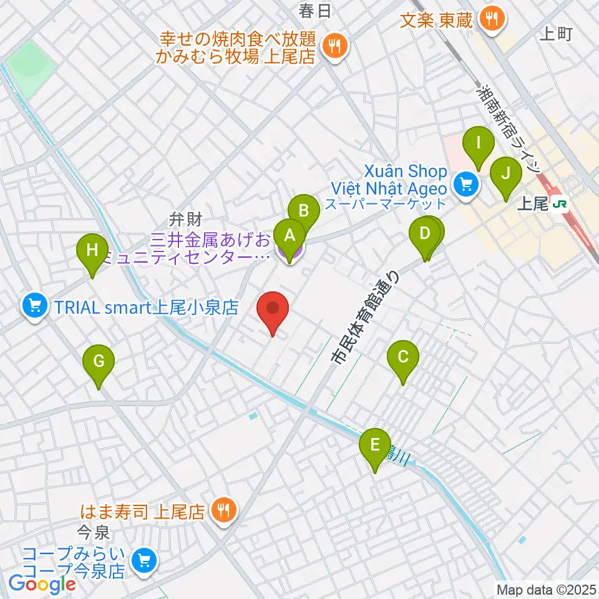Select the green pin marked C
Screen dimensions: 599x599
tap(402, 358)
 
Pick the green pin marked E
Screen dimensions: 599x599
tap(375, 445)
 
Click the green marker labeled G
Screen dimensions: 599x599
tap(99, 361)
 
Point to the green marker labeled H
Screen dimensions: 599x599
tap(92, 251)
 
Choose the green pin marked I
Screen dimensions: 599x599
tap(479, 143)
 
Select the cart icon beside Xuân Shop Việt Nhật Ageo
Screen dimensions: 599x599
tap(464, 183)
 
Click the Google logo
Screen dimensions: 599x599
tap(42, 585)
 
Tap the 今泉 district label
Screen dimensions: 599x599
tap(93, 533)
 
